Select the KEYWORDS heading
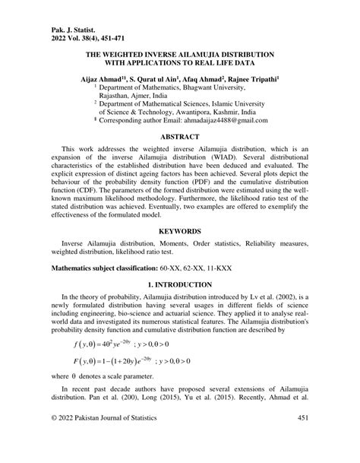[179, 231]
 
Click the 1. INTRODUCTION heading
[179, 284]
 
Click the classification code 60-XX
[173, 268]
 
